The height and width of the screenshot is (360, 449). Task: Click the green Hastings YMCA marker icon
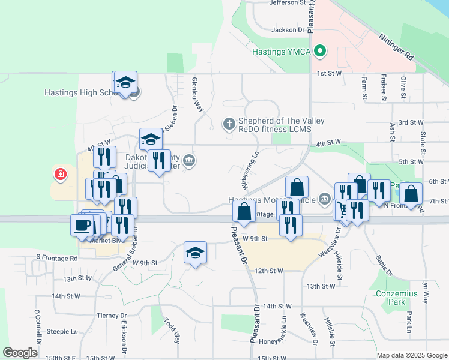(x=321, y=51)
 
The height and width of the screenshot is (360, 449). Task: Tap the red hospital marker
(x=60, y=175)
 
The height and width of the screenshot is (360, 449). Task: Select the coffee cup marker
(x=82, y=226)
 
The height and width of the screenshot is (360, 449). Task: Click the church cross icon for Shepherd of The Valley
(x=228, y=124)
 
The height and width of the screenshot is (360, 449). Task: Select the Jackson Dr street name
(x=288, y=29)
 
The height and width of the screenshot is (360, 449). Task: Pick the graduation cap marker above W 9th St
(x=196, y=253)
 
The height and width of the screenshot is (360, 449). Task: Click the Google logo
(x=20, y=353)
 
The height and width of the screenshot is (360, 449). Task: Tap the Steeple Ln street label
(x=62, y=331)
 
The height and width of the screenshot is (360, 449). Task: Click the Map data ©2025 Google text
(x=411, y=355)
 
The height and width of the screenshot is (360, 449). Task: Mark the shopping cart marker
(x=342, y=209)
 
